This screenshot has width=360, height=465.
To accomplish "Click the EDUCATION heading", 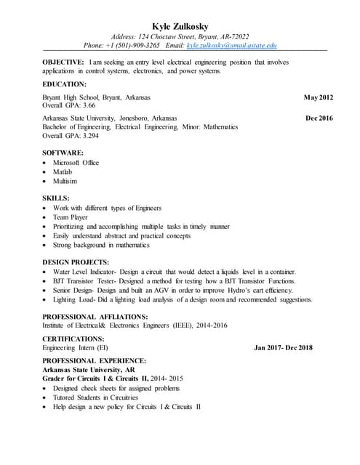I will pos(64,84).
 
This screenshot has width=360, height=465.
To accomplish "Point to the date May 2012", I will pos(318,97).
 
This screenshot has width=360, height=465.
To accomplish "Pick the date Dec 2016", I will pos(319,118).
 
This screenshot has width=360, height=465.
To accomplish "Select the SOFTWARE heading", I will pos(63,153).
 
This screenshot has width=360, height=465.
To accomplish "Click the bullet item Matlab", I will pos(63,171).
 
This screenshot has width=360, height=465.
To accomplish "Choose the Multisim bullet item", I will pos(65,181).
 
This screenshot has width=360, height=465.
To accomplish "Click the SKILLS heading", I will pos(56,198).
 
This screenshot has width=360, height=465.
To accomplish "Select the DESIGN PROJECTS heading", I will pos(76,262).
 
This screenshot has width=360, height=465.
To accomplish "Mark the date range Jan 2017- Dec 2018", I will pos(283,348).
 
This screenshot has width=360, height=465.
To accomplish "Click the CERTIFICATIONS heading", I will pos(73,339).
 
